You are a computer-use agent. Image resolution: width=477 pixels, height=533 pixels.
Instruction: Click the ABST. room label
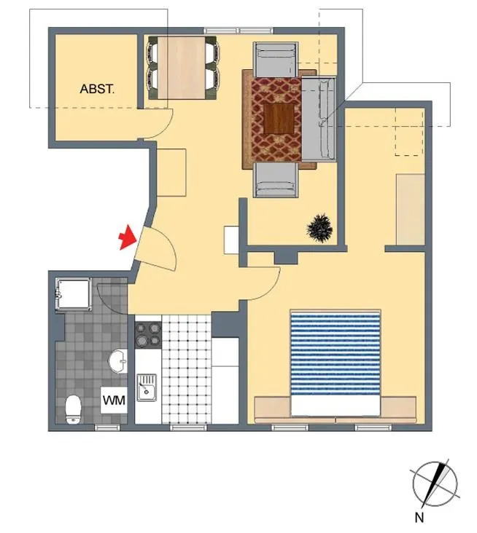click(97, 89)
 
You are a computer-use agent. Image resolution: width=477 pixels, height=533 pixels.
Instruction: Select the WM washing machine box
click(114, 400)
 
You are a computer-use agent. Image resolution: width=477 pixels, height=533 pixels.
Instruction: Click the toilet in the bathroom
click(73, 409)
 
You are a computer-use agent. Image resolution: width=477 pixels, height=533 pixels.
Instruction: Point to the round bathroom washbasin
click(118, 361)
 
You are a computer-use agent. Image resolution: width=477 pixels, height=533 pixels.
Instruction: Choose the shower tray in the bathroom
click(74, 293)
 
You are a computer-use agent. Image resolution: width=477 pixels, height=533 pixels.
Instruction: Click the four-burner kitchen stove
click(149, 335)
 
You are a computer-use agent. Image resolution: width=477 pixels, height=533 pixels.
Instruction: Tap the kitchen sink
click(147, 387)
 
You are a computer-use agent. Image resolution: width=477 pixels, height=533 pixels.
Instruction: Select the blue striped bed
click(336, 363)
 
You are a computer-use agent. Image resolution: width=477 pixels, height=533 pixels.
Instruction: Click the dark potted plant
click(319, 228)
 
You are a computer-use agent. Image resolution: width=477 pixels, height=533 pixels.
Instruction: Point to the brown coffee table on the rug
click(279, 118)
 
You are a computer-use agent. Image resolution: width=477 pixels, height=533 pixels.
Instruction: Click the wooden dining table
click(182, 68)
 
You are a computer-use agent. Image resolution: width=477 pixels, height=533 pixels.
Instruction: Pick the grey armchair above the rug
click(276, 60)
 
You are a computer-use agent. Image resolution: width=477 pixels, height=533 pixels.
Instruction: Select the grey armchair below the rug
click(276, 179)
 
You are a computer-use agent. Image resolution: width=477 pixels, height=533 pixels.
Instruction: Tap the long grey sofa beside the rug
click(319, 118)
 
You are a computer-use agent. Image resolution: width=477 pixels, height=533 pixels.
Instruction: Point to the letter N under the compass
click(419, 518)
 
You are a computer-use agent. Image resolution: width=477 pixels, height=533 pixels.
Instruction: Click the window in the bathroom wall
click(107, 427)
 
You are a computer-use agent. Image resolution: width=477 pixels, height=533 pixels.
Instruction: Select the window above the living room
click(238, 31)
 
